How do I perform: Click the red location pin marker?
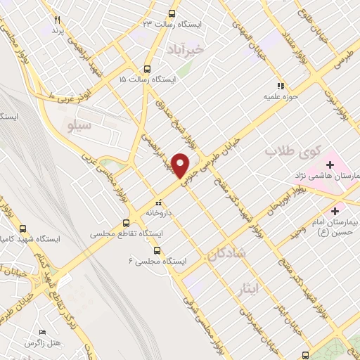(181, 166)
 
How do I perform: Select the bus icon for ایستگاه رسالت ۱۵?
(147, 69)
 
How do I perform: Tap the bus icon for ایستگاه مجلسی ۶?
(157, 250)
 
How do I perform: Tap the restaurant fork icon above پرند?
(58, 20)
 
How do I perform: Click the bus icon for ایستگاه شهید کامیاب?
(23, 229)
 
